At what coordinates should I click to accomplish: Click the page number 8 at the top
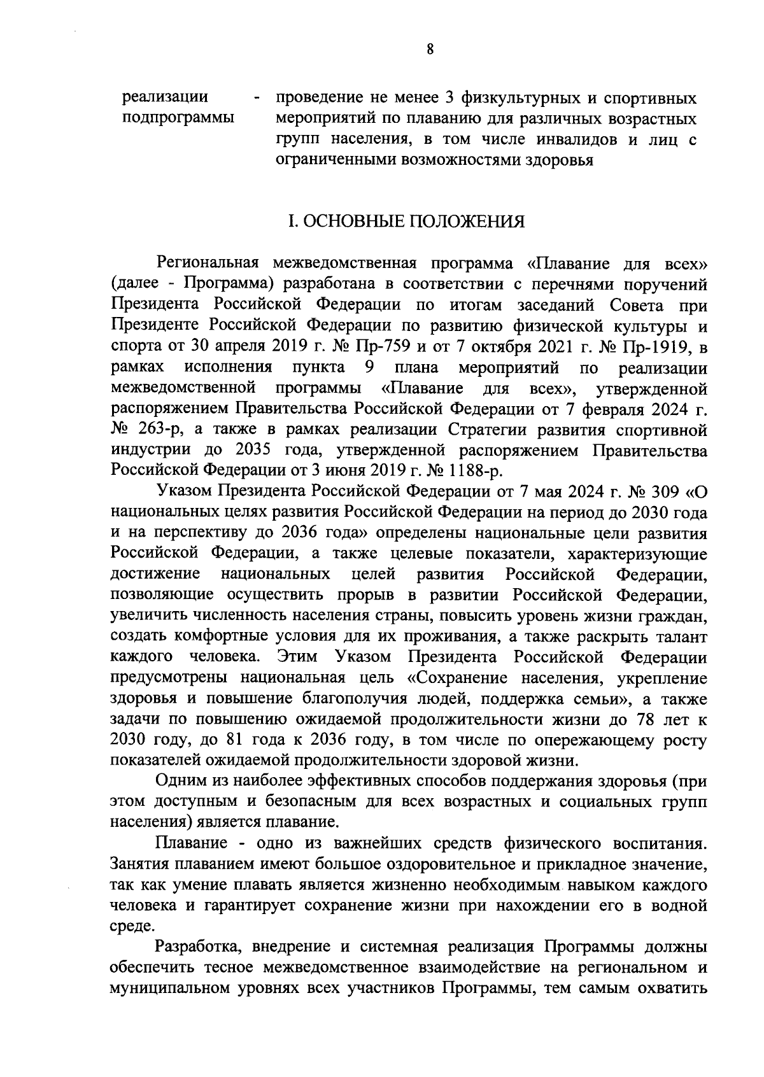pos(430,50)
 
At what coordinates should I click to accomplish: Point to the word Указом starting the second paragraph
pos(184,492)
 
